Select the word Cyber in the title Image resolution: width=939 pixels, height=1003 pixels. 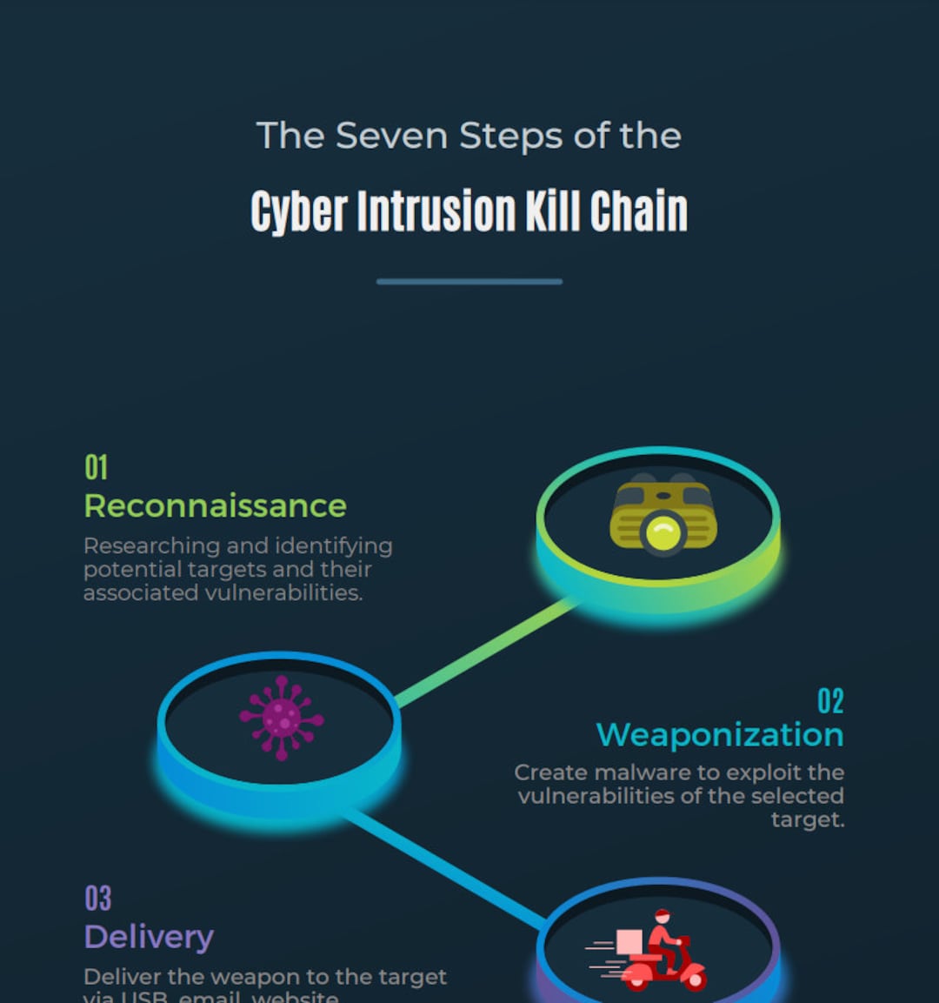point(299,211)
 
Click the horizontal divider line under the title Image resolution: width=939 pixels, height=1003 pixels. point(469,282)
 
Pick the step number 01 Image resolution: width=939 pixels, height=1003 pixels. point(97,468)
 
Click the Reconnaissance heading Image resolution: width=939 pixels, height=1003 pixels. point(215,505)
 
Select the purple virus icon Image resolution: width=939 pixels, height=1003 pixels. point(281,718)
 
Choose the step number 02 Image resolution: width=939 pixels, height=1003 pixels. point(830,701)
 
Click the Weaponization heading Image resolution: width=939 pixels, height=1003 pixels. point(720,735)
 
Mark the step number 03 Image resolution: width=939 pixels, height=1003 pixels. point(98,899)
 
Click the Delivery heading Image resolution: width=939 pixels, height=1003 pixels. point(149,937)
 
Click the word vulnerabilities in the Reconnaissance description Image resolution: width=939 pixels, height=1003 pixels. point(283,593)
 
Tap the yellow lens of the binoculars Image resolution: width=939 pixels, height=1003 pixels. point(663,532)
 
